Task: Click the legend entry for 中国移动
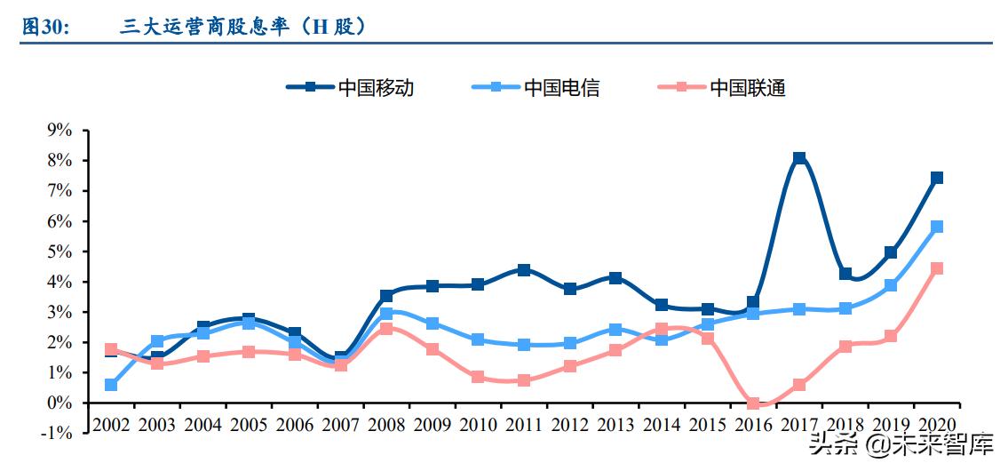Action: (x=350, y=87)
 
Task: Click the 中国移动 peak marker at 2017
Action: (x=799, y=158)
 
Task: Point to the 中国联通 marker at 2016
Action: (x=753, y=404)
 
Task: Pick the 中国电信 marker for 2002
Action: (x=111, y=385)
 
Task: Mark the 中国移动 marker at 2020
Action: (x=937, y=178)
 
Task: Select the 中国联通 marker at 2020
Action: (x=937, y=268)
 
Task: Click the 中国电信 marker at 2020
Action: (x=937, y=227)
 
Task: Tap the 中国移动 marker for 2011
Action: (x=524, y=270)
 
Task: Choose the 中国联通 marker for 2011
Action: (x=524, y=380)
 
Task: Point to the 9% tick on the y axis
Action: (x=59, y=131)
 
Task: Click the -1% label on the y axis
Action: (x=56, y=434)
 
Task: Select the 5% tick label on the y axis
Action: (x=59, y=251)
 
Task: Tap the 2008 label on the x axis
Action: (x=386, y=425)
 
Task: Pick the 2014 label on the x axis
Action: (x=662, y=425)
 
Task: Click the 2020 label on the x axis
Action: (x=937, y=425)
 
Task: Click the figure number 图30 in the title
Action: (x=45, y=28)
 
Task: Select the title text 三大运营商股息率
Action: (x=204, y=28)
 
